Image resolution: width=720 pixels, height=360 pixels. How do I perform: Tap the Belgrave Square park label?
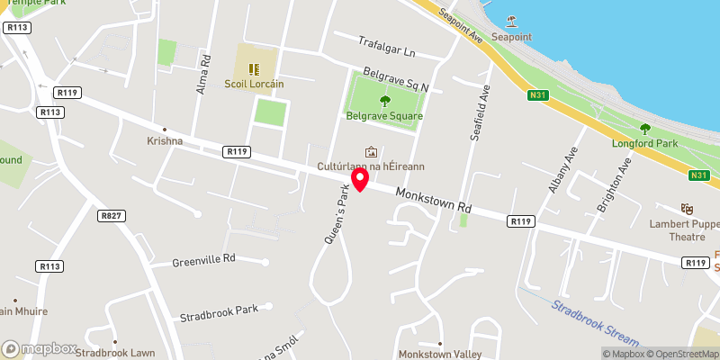pos(384,115)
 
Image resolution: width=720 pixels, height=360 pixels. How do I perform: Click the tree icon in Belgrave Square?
pos(384,100)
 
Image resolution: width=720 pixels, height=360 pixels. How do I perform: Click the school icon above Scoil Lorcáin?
pos(253,68)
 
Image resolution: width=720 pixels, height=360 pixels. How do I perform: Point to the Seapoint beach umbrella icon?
pos(511,21)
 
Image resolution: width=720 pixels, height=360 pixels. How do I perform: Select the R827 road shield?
pos(112,215)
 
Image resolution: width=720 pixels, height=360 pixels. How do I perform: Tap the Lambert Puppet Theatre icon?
pos(688,208)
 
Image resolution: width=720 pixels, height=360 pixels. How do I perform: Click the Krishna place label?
pos(165,141)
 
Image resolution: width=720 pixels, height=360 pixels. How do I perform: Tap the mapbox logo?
pos(39,348)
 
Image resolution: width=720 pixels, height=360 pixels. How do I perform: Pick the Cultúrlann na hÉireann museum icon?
pos(370,152)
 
